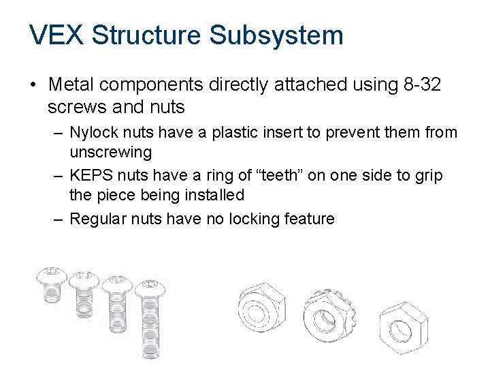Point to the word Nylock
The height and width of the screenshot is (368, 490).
point(93,133)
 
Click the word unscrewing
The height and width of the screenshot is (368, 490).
point(111,151)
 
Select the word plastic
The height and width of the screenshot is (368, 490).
point(237,133)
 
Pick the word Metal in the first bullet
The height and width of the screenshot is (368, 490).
point(73,85)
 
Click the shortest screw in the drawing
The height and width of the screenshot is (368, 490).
point(51,293)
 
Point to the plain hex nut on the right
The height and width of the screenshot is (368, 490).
point(403,330)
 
